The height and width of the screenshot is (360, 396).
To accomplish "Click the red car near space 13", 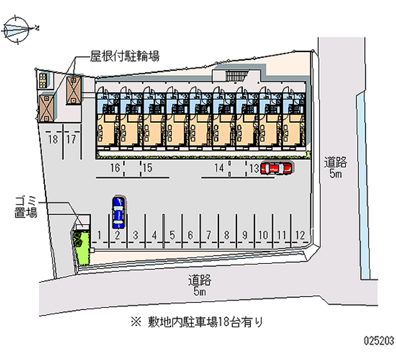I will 276,168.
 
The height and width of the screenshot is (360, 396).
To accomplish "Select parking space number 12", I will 299,234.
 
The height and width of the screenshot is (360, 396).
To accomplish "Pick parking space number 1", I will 100,234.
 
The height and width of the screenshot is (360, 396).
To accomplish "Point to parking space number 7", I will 208,234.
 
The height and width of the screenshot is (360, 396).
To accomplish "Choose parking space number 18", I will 52,139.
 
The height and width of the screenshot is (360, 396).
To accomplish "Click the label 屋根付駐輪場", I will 124,56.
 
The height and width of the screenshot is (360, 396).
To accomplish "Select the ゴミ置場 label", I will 25,207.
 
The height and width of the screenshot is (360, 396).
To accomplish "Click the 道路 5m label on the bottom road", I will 199,286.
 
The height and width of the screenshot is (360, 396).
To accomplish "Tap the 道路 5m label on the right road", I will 336,167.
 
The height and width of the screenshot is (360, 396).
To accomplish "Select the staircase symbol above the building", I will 236,75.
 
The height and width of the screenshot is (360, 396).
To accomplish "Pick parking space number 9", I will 245,234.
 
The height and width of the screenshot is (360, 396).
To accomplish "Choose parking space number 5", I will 172,234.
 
